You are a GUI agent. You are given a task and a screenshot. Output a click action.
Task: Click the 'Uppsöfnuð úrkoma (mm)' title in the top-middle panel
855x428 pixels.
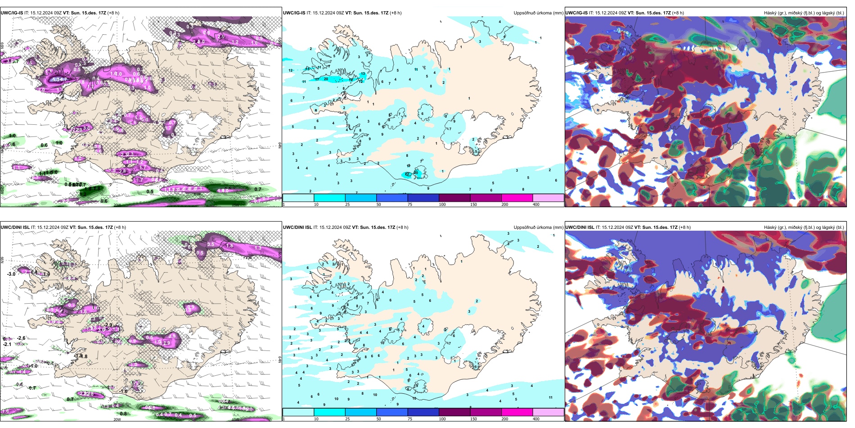pyautogui.click(x=538, y=13)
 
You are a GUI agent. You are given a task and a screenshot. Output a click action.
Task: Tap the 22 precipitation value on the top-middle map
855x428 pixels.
pyautogui.click(x=407, y=174)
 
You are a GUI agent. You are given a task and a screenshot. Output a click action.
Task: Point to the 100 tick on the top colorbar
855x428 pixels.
pyautogui.click(x=442, y=205)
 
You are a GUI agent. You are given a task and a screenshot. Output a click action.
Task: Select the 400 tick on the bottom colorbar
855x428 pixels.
pyautogui.click(x=536, y=419)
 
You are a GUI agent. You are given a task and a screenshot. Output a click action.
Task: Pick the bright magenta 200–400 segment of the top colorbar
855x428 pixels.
pyautogui.click(x=517, y=198)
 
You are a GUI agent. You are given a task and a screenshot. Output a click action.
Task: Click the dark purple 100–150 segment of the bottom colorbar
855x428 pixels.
pyautogui.click(x=454, y=412)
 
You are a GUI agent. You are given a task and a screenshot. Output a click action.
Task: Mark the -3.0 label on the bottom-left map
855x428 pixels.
pyautogui.click(x=11, y=274)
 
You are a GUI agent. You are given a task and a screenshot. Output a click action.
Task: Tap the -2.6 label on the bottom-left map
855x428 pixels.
pyautogui.click(x=21, y=338)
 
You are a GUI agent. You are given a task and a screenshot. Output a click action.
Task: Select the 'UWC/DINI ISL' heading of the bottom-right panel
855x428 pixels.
pyautogui.click(x=580, y=228)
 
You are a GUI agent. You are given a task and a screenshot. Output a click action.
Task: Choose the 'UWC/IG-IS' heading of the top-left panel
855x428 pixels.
pyautogui.click(x=12, y=13)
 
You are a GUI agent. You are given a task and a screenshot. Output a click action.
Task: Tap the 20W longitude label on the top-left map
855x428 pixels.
pyautogui.click(x=117, y=205)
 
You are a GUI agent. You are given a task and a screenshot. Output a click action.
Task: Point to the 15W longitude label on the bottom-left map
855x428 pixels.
pyautogui.click(x=234, y=419)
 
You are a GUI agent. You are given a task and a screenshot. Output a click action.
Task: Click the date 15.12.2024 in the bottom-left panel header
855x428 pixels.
pyautogui.click(x=49, y=228)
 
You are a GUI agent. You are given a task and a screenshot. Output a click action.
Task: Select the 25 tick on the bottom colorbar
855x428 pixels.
pyautogui.click(x=347, y=419)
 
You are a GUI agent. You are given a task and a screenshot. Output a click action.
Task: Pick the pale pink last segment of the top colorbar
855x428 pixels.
pyautogui.click(x=548, y=198)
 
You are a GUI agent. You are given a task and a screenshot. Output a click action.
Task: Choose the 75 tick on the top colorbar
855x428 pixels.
pyautogui.click(x=410, y=205)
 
